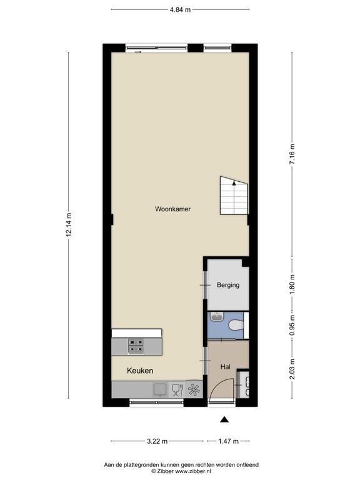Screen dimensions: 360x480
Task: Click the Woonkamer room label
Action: pyautogui.click(x=172, y=209)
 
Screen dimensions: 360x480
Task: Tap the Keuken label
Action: pyautogui.click(x=140, y=371)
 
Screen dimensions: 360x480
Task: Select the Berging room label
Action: pyautogui.click(x=228, y=285)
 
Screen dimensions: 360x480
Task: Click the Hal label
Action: pyautogui.click(x=225, y=367)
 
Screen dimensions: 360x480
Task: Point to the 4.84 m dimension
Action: pyautogui.click(x=180, y=9)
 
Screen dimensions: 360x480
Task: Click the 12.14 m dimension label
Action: pyautogui.click(x=69, y=224)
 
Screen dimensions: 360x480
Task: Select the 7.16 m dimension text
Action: pyautogui.click(x=292, y=154)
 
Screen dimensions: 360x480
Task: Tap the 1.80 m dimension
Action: pyautogui.click(x=292, y=285)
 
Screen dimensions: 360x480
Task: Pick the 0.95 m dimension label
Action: pyautogui.click(x=292, y=325)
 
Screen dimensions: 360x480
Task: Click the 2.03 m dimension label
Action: pyautogui.click(x=292, y=369)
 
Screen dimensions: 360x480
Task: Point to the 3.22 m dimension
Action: pyautogui.click(x=157, y=441)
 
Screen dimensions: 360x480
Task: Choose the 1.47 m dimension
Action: pyautogui.click(x=228, y=441)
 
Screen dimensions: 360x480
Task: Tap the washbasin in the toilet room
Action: pyautogui.click(x=217, y=316)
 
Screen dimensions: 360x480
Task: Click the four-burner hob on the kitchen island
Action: pyautogui.click(x=136, y=346)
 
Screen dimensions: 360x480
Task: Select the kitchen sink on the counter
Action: pyautogui.click(x=160, y=390)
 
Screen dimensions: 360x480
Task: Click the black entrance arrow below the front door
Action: pyautogui.click(x=224, y=420)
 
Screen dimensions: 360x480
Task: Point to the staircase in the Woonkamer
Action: pyautogui.click(x=234, y=196)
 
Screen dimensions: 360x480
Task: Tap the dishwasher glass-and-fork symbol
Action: pyautogui.click(x=177, y=390)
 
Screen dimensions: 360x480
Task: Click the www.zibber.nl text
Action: pyautogui.click(x=193, y=471)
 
